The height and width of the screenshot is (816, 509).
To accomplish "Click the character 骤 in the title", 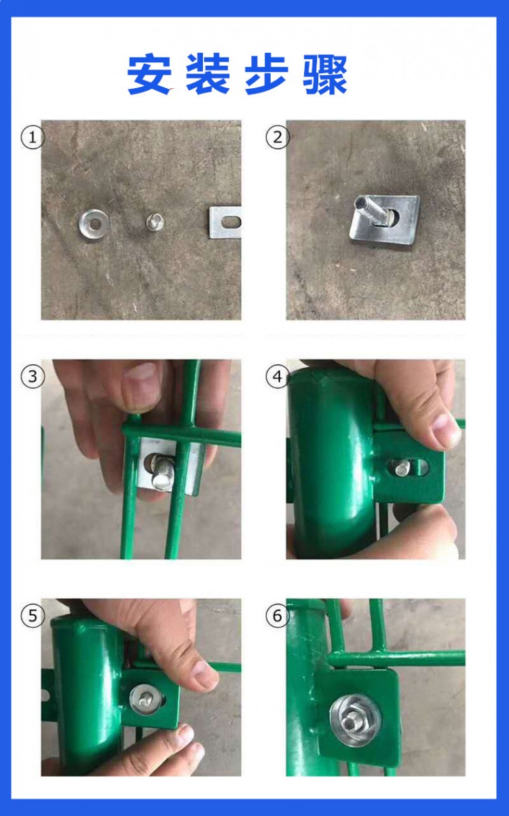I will (x=325, y=75).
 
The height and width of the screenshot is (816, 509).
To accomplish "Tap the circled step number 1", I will (x=33, y=138).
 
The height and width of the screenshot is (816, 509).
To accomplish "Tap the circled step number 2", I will (x=277, y=138).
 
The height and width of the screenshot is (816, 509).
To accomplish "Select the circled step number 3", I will (x=33, y=376).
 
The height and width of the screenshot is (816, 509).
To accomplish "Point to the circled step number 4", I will (x=277, y=376).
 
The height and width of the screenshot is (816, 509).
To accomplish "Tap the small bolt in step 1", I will (x=155, y=220).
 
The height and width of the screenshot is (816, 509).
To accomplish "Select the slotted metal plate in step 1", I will (x=225, y=222).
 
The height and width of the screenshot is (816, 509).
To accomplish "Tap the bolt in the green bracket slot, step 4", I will (x=402, y=467).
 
